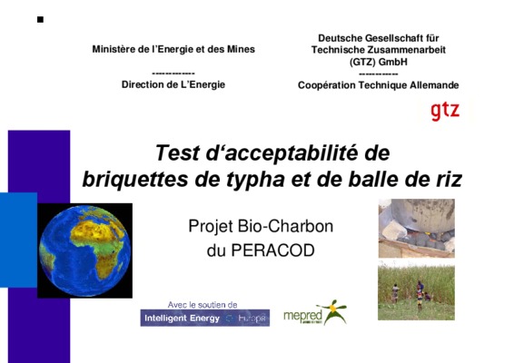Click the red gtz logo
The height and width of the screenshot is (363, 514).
pos(445,112)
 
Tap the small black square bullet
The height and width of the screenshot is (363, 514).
pos(40,20)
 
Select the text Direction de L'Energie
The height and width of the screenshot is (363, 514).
pos(173,84)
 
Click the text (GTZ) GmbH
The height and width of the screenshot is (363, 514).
pos(379,62)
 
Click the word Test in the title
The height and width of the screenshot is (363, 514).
pos(177,152)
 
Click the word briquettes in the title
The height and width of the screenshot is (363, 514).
pos(135,180)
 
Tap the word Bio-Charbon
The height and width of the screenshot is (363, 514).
pos(285,226)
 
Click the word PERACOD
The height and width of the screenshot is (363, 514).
pos(272,250)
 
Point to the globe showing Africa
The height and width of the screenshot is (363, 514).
pos(84,250)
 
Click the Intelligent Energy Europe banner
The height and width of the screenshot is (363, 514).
pos(205,318)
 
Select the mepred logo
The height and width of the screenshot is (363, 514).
pos(315,312)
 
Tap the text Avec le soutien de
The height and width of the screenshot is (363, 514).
pos(203,305)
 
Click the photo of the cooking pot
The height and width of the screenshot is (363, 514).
pos(416,228)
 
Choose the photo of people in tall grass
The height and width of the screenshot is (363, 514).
pos(416,290)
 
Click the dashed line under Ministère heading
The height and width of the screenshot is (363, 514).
pos(173,74)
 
